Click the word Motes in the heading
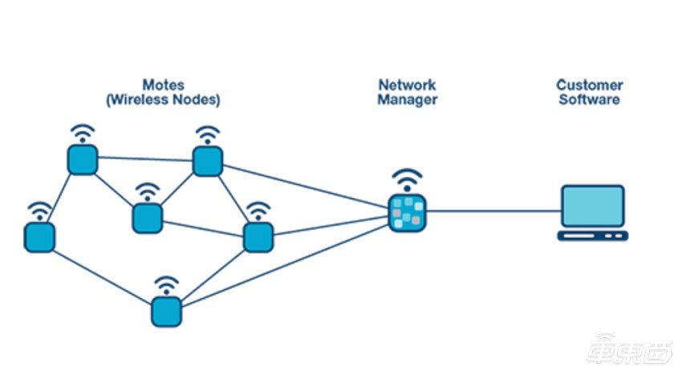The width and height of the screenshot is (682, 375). (x=163, y=84)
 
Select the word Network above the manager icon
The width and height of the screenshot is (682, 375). (x=407, y=84)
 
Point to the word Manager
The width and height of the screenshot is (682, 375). (x=407, y=99)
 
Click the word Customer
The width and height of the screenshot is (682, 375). (x=590, y=85)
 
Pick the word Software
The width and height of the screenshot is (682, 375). (x=590, y=99)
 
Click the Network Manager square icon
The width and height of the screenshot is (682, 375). (x=407, y=213)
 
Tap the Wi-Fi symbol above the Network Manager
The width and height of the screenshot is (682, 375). (x=407, y=180)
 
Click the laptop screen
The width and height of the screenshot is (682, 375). (x=593, y=206)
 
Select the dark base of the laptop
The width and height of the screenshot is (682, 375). (x=593, y=236)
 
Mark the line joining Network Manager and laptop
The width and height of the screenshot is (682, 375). (x=493, y=212)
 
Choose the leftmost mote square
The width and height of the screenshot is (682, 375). (x=39, y=237)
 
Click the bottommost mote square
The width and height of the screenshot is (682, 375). (x=166, y=312)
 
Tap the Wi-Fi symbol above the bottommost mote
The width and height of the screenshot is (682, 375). (x=166, y=285)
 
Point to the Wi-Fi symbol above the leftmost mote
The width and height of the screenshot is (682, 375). (x=39, y=212)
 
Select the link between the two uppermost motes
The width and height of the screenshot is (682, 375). (x=145, y=159)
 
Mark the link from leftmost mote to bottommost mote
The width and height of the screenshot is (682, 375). (x=103, y=278)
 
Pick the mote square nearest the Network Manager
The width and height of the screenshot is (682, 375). (x=258, y=237)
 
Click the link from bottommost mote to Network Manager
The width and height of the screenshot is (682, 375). (x=285, y=266)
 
